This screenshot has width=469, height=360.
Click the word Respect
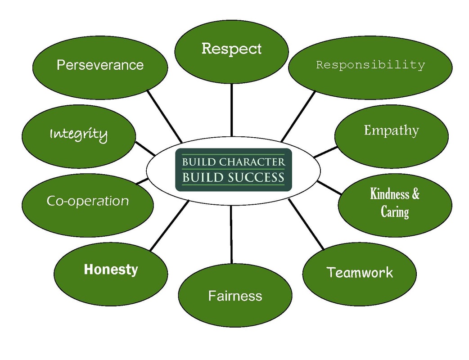pyautogui.click(x=231, y=49)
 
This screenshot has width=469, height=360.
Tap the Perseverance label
pyautogui.click(x=100, y=65)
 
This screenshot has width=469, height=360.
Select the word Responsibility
pyautogui.click(x=370, y=65)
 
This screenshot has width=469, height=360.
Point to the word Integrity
pyautogui.click(x=79, y=134)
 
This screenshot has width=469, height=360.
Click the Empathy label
pyautogui.click(x=391, y=130)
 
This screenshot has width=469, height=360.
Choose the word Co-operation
pyautogui.click(x=88, y=201)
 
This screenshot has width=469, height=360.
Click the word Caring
pyautogui.click(x=395, y=211)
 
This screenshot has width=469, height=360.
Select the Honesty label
pyautogui.click(x=111, y=270)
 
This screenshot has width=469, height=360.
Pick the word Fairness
pyautogui.click(x=235, y=296)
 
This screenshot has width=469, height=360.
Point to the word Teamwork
pyautogui.click(x=360, y=272)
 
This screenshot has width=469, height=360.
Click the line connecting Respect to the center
pyautogui.click(x=232, y=110)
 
